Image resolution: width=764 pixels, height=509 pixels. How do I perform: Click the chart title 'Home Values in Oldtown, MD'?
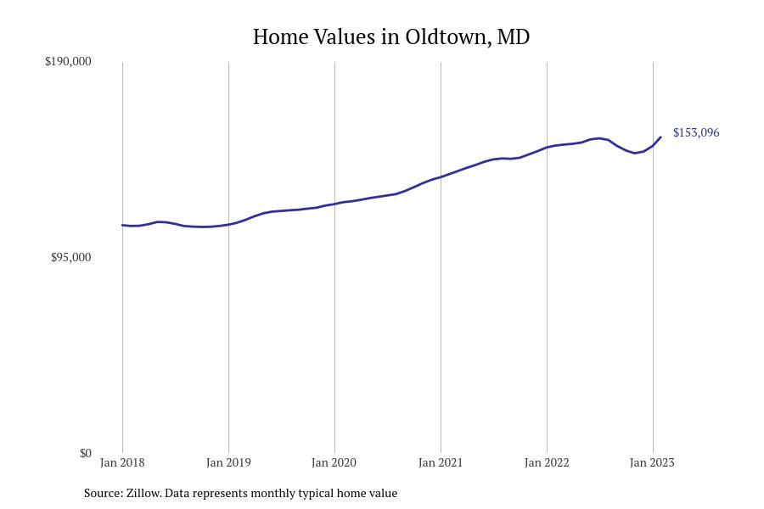point(391,37)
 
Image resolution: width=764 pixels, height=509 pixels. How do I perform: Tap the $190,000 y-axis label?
point(68,61)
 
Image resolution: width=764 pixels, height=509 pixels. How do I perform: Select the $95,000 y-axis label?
point(70,257)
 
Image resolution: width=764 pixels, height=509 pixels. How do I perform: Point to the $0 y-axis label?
point(85,453)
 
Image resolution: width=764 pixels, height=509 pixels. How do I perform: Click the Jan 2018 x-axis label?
point(122,462)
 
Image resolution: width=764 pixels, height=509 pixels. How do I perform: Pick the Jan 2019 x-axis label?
point(228,462)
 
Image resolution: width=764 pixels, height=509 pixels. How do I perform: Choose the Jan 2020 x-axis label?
point(334,462)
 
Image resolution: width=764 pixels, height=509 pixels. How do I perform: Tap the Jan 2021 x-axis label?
point(441,462)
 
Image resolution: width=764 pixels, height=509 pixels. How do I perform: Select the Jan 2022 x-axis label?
point(547,462)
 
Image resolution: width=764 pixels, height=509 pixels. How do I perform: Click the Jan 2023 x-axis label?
point(652,462)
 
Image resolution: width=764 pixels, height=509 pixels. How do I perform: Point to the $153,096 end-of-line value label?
point(696,132)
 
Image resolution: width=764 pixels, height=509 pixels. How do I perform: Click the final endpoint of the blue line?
point(660,137)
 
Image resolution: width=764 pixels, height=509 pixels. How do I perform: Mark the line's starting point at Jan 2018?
point(122,225)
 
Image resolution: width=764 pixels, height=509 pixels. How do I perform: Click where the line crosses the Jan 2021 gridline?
point(441,176)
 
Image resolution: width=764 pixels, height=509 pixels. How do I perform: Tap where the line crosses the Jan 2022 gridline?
point(547,148)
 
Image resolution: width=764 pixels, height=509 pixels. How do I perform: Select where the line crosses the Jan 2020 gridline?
point(334,204)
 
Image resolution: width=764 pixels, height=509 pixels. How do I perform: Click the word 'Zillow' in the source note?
point(143,493)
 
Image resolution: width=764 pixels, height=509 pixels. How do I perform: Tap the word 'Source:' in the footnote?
point(103,493)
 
